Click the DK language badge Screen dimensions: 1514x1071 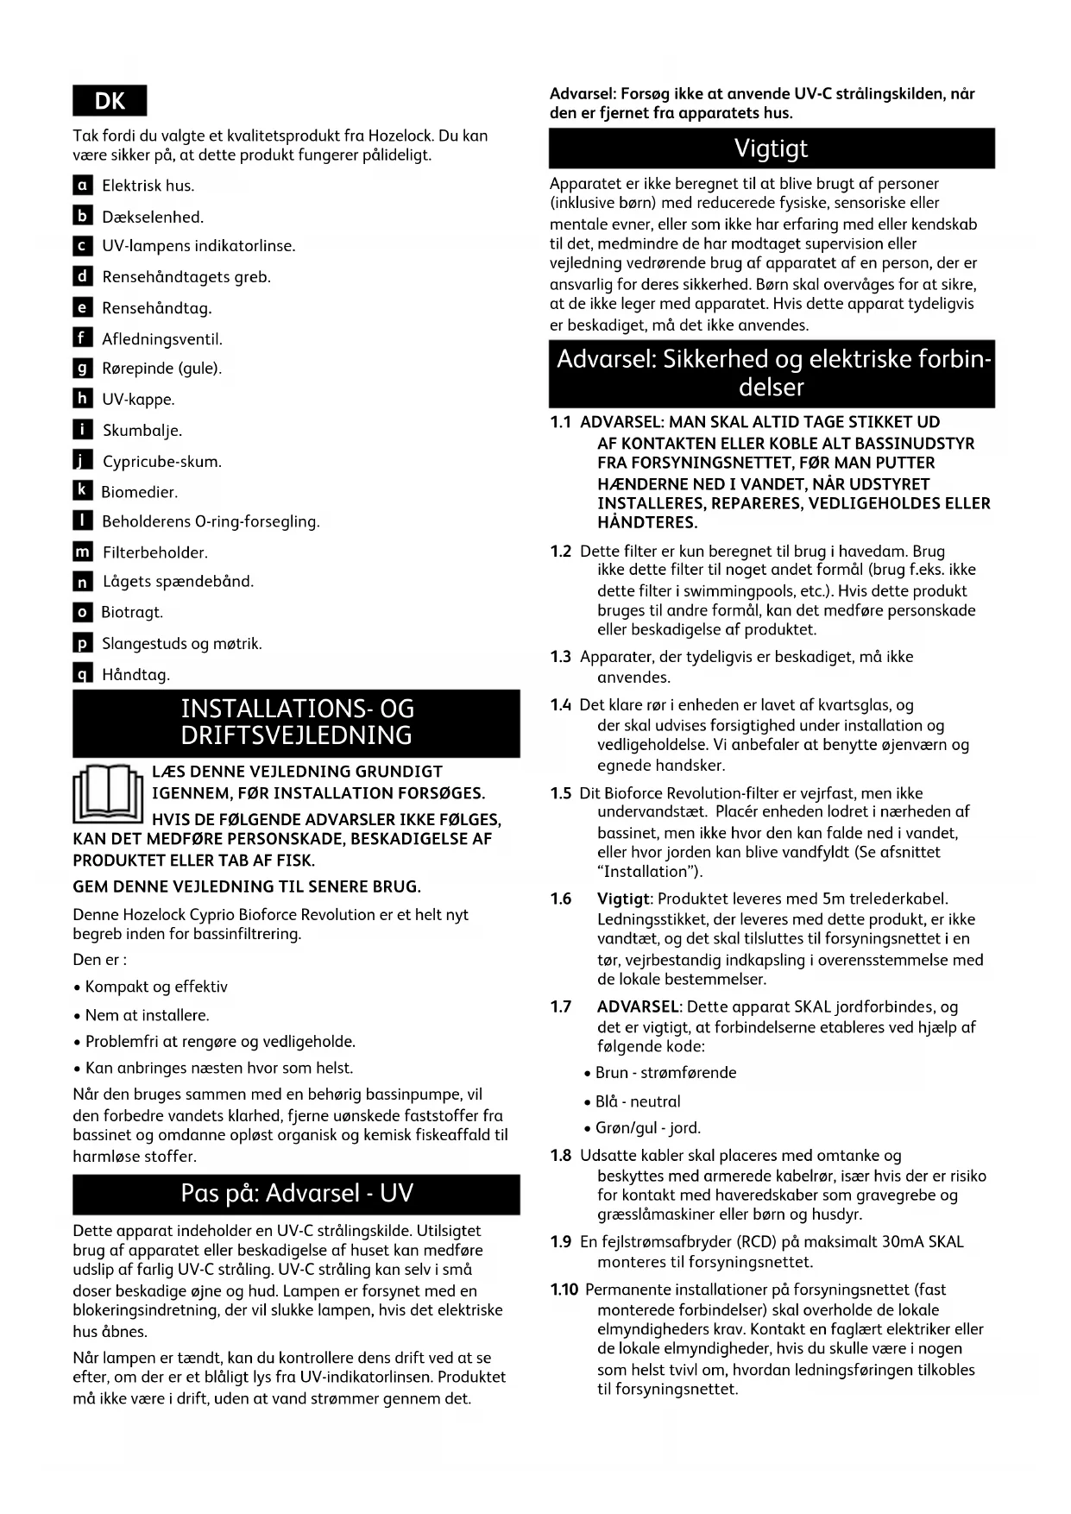pos(110,101)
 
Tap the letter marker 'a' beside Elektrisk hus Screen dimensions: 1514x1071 pos(83,186)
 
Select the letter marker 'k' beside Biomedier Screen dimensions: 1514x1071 pos(82,491)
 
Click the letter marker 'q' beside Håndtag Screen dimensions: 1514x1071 pos(83,674)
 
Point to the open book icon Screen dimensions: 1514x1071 pos(108,794)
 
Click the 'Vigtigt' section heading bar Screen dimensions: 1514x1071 pos(772,148)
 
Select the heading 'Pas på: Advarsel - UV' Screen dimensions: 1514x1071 pos(296,1194)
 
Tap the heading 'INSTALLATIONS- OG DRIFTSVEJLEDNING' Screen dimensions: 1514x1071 pos(296,722)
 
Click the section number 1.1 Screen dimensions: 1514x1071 pos(561,423)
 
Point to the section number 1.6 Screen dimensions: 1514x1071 pos(561,899)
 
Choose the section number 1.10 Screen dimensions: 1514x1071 pos(564,1290)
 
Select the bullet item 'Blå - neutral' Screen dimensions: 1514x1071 pos(638,1101)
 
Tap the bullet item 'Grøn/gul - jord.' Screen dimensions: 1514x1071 pos(648,1128)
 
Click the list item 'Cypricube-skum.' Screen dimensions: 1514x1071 pos(162,462)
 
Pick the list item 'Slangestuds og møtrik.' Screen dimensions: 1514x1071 pos(182,644)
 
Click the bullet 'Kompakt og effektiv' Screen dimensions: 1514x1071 pos(156,987)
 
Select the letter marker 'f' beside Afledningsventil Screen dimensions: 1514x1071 pos(83,338)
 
